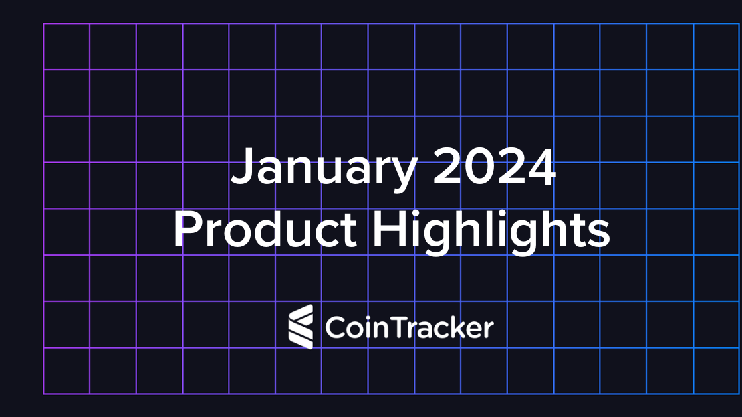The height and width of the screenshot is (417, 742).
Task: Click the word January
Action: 322,169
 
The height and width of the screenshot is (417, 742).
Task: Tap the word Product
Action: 265,230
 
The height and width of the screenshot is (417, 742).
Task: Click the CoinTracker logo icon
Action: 301,327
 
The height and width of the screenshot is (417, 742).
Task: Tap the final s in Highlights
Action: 599,234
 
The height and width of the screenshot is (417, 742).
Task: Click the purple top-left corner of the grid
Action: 44,24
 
